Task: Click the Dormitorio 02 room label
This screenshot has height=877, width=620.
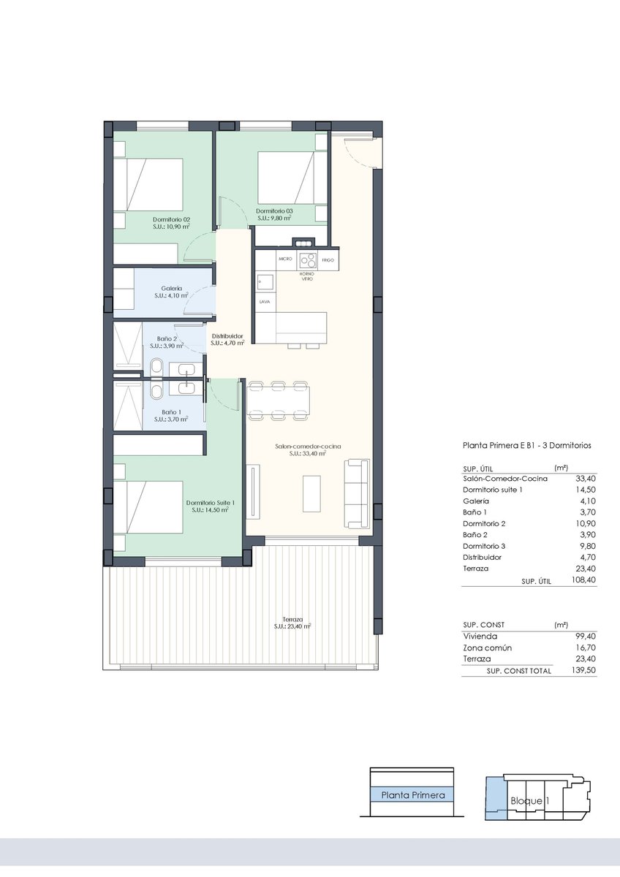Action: pos(171,220)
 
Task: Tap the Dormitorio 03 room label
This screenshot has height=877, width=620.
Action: pos(274,211)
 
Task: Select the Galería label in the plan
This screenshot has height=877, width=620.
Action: pos(172,289)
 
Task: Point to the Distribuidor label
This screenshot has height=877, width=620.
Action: pos(227,336)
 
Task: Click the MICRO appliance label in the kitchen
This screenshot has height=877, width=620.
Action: pos(286,259)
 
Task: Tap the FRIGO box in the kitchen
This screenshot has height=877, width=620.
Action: pos(328,259)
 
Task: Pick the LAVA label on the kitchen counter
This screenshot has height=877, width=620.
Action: pos(265,302)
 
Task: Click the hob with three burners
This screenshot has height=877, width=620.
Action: pos(308,259)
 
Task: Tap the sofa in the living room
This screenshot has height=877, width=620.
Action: pos(357,493)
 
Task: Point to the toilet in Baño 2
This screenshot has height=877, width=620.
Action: pos(157,367)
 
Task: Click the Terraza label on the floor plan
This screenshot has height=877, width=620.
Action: pos(292,620)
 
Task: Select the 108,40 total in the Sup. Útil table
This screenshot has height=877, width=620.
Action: pos(583,580)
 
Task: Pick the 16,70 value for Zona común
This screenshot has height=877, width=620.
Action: pos(586,648)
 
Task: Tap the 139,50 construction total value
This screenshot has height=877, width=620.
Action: pos(583,670)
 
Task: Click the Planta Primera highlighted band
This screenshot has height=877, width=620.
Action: pos(413,795)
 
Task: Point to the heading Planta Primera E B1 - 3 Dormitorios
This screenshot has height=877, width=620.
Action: pos(527,446)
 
